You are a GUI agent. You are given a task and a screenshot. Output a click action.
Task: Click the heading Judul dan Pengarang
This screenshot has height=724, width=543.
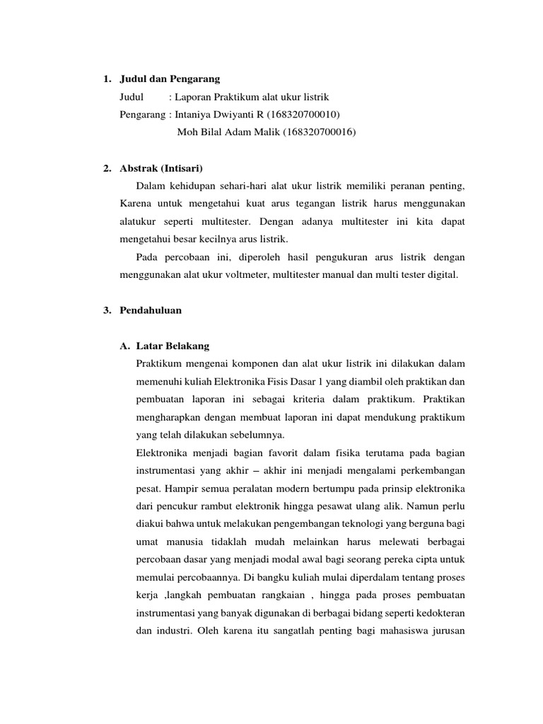click(170, 78)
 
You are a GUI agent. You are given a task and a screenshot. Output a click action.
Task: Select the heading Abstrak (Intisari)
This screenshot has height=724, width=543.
click(162, 168)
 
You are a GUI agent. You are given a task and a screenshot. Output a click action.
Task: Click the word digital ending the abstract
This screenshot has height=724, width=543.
click(443, 274)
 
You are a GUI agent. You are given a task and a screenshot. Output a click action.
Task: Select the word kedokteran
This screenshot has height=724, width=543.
click(438, 612)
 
